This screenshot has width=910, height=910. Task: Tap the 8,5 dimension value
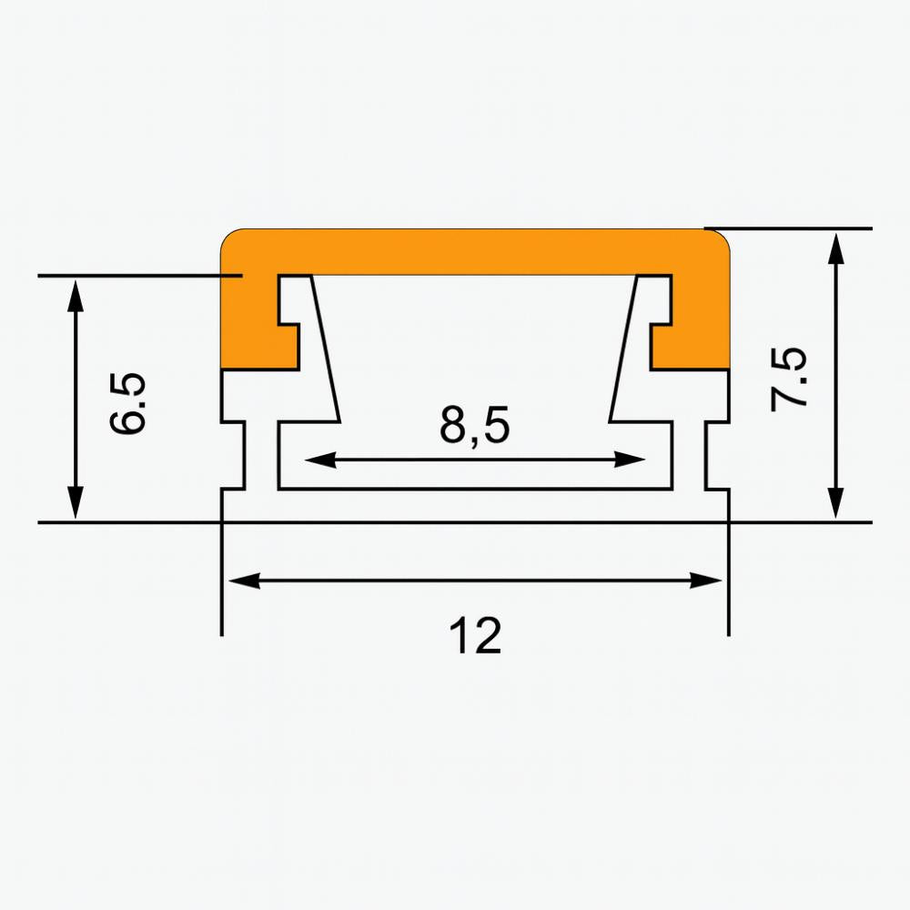474,426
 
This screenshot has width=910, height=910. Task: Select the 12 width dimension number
474,636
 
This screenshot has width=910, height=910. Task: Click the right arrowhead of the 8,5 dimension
633,460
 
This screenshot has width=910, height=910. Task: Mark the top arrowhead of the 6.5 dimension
76,294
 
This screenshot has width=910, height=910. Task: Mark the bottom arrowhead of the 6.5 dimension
76,503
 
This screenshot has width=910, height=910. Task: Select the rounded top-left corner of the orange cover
231,238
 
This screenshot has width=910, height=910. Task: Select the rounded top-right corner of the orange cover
720,238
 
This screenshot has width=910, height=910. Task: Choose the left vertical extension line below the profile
222,582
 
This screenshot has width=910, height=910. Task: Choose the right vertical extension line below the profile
728,582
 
